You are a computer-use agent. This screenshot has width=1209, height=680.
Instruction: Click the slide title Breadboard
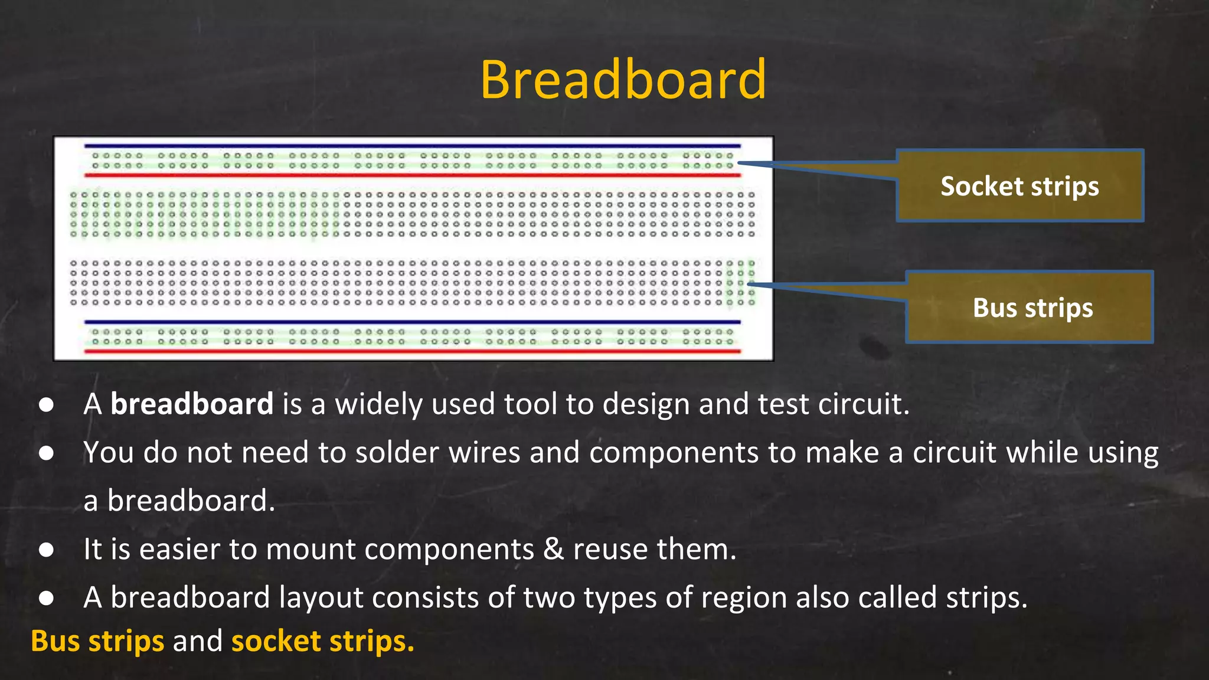(623, 80)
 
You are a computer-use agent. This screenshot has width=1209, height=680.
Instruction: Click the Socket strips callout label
(1020, 187)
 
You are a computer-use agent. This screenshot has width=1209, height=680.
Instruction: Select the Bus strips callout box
(1029, 308)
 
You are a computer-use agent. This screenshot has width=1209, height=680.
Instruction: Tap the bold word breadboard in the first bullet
(192, 404)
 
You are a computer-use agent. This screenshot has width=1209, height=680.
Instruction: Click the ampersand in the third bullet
(553, 550)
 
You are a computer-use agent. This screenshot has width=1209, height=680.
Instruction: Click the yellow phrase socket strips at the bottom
(322, 641)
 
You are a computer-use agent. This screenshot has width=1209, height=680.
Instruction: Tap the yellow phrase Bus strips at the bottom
(97, 641)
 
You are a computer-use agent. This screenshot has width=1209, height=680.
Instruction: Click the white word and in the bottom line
(197, 641)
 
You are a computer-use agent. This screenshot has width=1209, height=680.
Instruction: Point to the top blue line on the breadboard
(412, 146)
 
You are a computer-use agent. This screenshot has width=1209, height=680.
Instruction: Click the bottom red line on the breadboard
(412, 352)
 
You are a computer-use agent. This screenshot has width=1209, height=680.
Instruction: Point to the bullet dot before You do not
(46, 453)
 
